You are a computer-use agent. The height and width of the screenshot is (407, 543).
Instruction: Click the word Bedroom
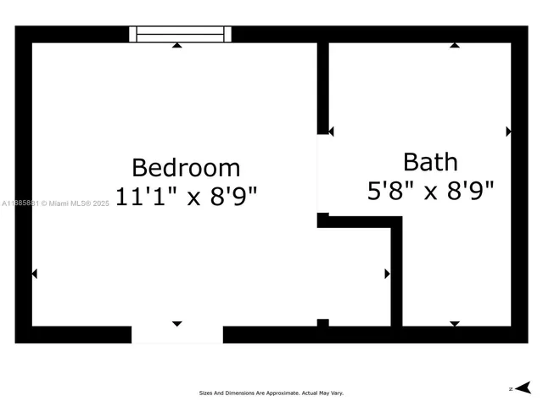186,167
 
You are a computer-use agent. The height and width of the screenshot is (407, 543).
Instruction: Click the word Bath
430,161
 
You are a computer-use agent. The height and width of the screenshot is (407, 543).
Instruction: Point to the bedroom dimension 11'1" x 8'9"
186,196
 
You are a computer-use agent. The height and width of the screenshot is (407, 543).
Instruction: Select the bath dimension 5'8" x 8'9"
430,191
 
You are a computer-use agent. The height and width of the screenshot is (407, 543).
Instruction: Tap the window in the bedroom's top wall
180,34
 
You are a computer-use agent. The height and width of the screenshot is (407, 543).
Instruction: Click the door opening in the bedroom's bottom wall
176,335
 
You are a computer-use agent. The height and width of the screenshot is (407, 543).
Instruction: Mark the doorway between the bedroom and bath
322,174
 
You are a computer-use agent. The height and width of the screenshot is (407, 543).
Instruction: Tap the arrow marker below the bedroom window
176,45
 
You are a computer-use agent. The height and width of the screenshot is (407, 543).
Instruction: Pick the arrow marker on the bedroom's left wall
35,274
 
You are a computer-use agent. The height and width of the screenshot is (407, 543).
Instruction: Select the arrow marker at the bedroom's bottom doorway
176,323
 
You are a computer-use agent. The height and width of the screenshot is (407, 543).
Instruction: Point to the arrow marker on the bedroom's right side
388,274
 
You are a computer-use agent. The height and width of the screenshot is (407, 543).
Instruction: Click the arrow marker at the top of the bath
455,45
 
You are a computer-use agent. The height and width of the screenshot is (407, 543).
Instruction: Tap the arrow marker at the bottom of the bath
455,323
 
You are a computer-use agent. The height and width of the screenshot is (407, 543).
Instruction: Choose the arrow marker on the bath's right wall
508,131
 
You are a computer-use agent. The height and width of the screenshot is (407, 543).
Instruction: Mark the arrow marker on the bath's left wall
331,131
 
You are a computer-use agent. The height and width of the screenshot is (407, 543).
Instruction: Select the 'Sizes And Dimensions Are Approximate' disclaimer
271,393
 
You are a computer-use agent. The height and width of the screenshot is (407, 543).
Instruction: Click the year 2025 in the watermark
101,203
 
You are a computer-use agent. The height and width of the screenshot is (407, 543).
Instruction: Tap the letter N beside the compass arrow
511,388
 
